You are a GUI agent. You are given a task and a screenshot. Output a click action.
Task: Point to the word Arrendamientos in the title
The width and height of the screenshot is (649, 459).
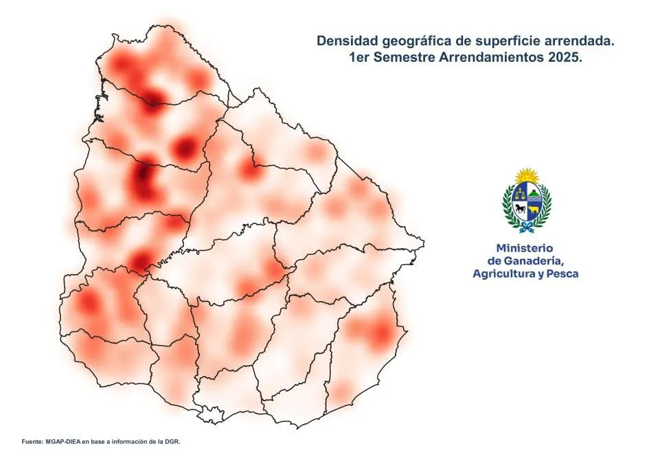(489, 58)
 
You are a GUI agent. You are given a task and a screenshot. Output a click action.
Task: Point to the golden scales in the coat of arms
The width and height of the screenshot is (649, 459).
(520, 194)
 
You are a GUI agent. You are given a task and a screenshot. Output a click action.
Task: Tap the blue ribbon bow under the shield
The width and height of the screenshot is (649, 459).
(527, 225)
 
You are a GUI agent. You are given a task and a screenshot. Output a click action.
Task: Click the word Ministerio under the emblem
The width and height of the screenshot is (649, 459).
(524, 247)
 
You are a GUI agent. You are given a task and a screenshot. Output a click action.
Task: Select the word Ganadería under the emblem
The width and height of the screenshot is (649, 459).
(534, 260)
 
